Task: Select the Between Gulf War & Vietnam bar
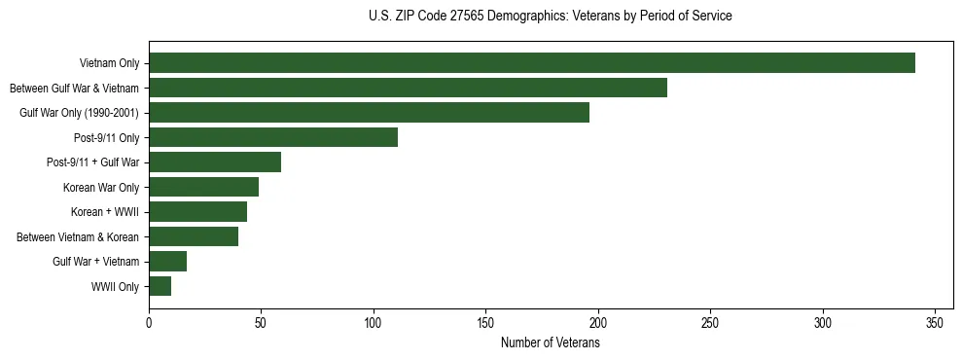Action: pos(408,89)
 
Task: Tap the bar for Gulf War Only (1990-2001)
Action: pos(369,113)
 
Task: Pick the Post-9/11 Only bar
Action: pos(273,137)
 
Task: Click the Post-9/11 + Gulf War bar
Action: pos(215,162)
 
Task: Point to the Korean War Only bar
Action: pos(203,187)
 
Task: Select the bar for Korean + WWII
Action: pos(197,212)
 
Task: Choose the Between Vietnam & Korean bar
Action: pos(194,236)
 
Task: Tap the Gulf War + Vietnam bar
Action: pos(167,262)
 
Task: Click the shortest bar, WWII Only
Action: pos(160,286)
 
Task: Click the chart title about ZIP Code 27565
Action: pos(551,17)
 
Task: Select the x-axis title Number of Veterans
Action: pos(550,343)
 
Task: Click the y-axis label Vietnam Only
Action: pos(108,64)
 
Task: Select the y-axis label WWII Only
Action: pos(115,287)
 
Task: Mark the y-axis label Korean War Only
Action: pos(101,188)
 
